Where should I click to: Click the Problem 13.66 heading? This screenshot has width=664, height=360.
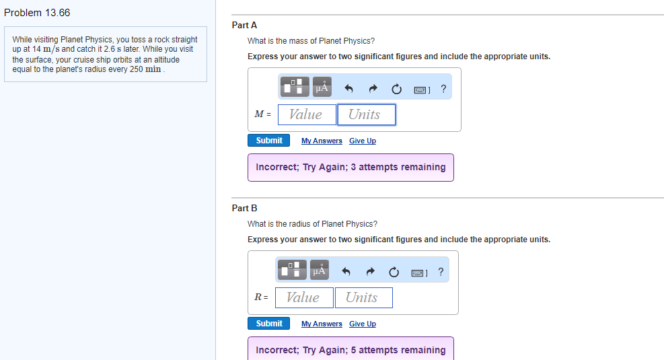pos(37,13)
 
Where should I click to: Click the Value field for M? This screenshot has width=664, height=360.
pos(306,114)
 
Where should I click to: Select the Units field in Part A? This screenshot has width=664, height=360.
pos(366,114)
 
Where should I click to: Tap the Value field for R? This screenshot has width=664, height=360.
pos(303,297)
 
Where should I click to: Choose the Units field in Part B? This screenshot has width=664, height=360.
pos(363,297)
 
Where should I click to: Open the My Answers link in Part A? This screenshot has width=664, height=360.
pos(322,141)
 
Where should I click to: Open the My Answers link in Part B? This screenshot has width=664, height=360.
pos(322,324)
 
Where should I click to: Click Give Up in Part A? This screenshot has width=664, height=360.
pos(363,141)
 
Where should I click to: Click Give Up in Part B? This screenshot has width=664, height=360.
pos(363,324)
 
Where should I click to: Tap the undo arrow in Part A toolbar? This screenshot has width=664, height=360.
pos(348,88)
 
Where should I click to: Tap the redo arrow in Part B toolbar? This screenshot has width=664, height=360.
pos(371,272)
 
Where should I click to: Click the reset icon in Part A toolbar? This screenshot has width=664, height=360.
pos(396,88)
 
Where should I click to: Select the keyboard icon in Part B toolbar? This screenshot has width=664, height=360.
pos(419,272)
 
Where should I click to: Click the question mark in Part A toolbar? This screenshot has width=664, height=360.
pos(443,88)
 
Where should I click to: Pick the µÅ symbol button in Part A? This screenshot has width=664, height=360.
pos(322,87)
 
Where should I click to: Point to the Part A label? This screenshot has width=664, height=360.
pos(244,25)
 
